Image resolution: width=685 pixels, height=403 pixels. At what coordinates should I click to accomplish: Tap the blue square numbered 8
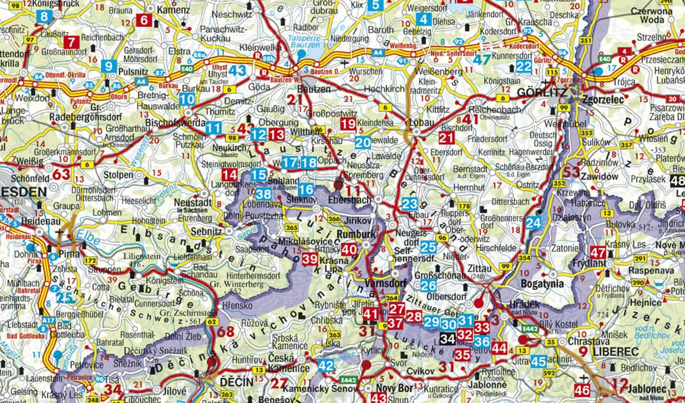tap(44, 17)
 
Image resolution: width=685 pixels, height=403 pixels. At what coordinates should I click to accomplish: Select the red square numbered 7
tap(71, 42)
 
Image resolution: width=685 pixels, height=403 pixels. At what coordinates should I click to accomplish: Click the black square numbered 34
tap(448, 339)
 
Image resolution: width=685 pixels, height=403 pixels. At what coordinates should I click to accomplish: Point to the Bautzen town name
tap(314, 89)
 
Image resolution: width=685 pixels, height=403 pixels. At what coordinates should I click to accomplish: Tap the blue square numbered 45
tap(538, 361)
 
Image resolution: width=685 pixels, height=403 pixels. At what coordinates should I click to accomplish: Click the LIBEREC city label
tap(616, 352)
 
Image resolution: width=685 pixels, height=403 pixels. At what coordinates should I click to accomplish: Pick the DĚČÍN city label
tap(237, 382)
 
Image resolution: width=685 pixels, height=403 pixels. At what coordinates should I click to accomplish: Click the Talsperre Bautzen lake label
tap(304, 41)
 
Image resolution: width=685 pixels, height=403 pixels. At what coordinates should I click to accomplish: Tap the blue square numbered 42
tap(326, 366)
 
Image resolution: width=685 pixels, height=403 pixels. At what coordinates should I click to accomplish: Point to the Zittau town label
tap(479, 269)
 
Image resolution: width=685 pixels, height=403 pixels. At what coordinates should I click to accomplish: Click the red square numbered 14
tap(230, 175)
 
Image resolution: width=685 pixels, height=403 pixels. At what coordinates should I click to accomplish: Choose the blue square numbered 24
tap(533, 223)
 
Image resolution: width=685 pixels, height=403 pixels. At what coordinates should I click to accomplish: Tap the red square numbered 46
tap(582, 390)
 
